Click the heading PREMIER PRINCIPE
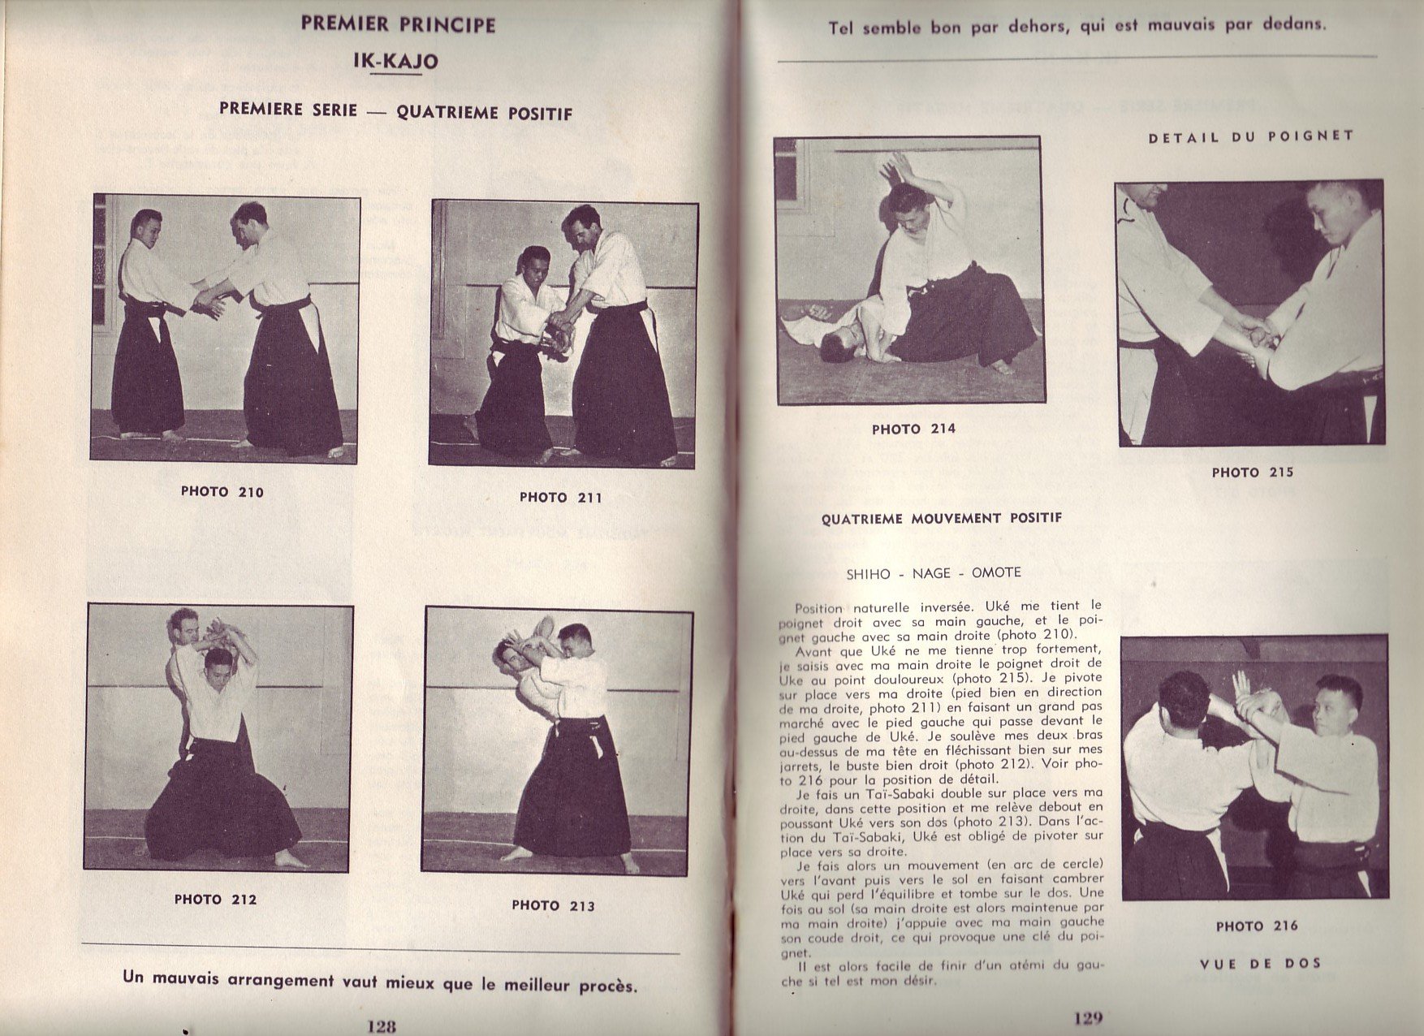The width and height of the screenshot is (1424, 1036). [398, 24]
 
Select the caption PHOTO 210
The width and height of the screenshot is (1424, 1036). [222, 491]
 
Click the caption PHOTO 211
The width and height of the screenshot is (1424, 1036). [561, 497]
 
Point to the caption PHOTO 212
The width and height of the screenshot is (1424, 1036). [215, 899]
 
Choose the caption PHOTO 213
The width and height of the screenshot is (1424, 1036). [553, 905]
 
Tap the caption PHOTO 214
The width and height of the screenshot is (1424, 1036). [913, 429]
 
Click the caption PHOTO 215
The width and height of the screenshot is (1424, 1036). [1253, 472]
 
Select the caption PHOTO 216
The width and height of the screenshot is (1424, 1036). [1257, 926]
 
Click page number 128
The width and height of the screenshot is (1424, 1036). [381, 1025]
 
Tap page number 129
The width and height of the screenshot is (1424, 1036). [1087, 1018]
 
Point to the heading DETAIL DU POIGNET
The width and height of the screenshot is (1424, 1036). [1251, 136]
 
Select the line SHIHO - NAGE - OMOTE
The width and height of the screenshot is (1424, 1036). [933, 573]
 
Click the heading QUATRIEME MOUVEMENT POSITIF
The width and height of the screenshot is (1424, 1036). [941, 518]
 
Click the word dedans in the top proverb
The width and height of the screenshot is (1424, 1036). [1295, 24]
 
